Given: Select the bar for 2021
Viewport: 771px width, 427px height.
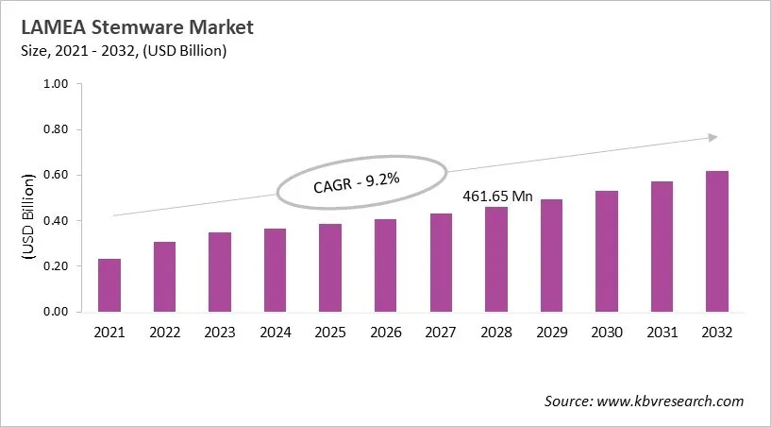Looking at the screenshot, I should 109,285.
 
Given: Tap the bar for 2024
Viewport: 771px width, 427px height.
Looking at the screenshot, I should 275,270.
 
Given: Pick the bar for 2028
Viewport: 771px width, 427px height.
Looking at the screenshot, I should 495,260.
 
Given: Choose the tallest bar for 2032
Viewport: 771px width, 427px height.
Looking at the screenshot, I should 716,242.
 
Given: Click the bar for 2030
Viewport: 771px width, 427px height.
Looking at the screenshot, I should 606,251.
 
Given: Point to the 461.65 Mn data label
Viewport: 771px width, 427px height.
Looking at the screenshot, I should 497,196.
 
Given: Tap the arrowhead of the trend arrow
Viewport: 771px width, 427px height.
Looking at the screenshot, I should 712,138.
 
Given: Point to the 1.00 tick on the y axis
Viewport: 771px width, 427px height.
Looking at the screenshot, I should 57,84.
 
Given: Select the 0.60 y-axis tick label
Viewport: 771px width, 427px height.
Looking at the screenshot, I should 57,175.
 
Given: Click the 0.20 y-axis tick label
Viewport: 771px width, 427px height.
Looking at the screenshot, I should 57,266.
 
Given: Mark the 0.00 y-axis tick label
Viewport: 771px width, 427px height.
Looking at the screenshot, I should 57,312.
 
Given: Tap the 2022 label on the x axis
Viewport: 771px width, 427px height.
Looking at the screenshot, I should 164,333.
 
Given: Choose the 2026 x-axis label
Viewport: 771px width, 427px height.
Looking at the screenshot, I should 385,333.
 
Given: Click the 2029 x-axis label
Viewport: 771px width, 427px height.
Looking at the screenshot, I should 551,333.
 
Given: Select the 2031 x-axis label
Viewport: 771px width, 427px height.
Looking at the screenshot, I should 662,333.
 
